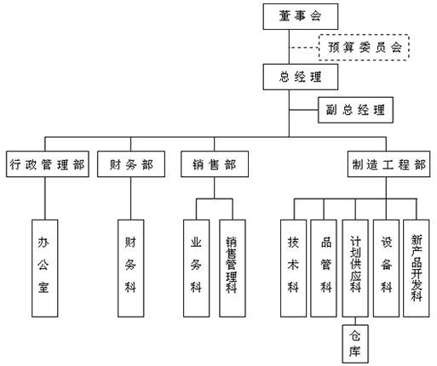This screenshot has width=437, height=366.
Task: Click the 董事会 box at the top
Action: click(x=301, y=16)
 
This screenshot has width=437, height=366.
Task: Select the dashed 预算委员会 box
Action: click(x=364, y=47)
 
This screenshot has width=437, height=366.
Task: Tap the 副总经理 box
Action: click(x=355, y=110)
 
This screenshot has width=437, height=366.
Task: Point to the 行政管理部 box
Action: click(x=48, y=164)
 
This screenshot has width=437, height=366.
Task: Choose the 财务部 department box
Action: click(x=131, y=164)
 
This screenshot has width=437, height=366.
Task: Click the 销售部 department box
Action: click(x=215, y=164)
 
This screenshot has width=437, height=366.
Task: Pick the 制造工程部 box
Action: click(x=388, y=164)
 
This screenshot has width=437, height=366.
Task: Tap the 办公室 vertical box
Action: click(x=45, y=268)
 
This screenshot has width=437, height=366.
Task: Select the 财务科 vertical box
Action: click(x=131, y=268)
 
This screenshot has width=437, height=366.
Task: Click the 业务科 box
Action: click(x=197, y=268)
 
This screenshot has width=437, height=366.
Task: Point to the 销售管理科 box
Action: click(x=233, y=268)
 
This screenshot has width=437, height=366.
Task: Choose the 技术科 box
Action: click(x=294, y=268)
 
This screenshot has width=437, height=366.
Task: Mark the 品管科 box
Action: click(x=324, y=268)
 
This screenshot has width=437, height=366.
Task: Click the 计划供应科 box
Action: click(x=355, y=268)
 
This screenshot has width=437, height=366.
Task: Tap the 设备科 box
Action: click(x=387, y=268)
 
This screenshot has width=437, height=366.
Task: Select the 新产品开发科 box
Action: click(x=417, y=268)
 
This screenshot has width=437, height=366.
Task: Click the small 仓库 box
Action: click(x=355, y=344)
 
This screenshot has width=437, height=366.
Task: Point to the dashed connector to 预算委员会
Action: click(x=304, y=48)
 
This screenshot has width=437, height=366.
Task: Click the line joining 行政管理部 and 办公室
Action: click(x=45, y=198)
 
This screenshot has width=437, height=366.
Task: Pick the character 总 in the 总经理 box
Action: click(x=284, y=77)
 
